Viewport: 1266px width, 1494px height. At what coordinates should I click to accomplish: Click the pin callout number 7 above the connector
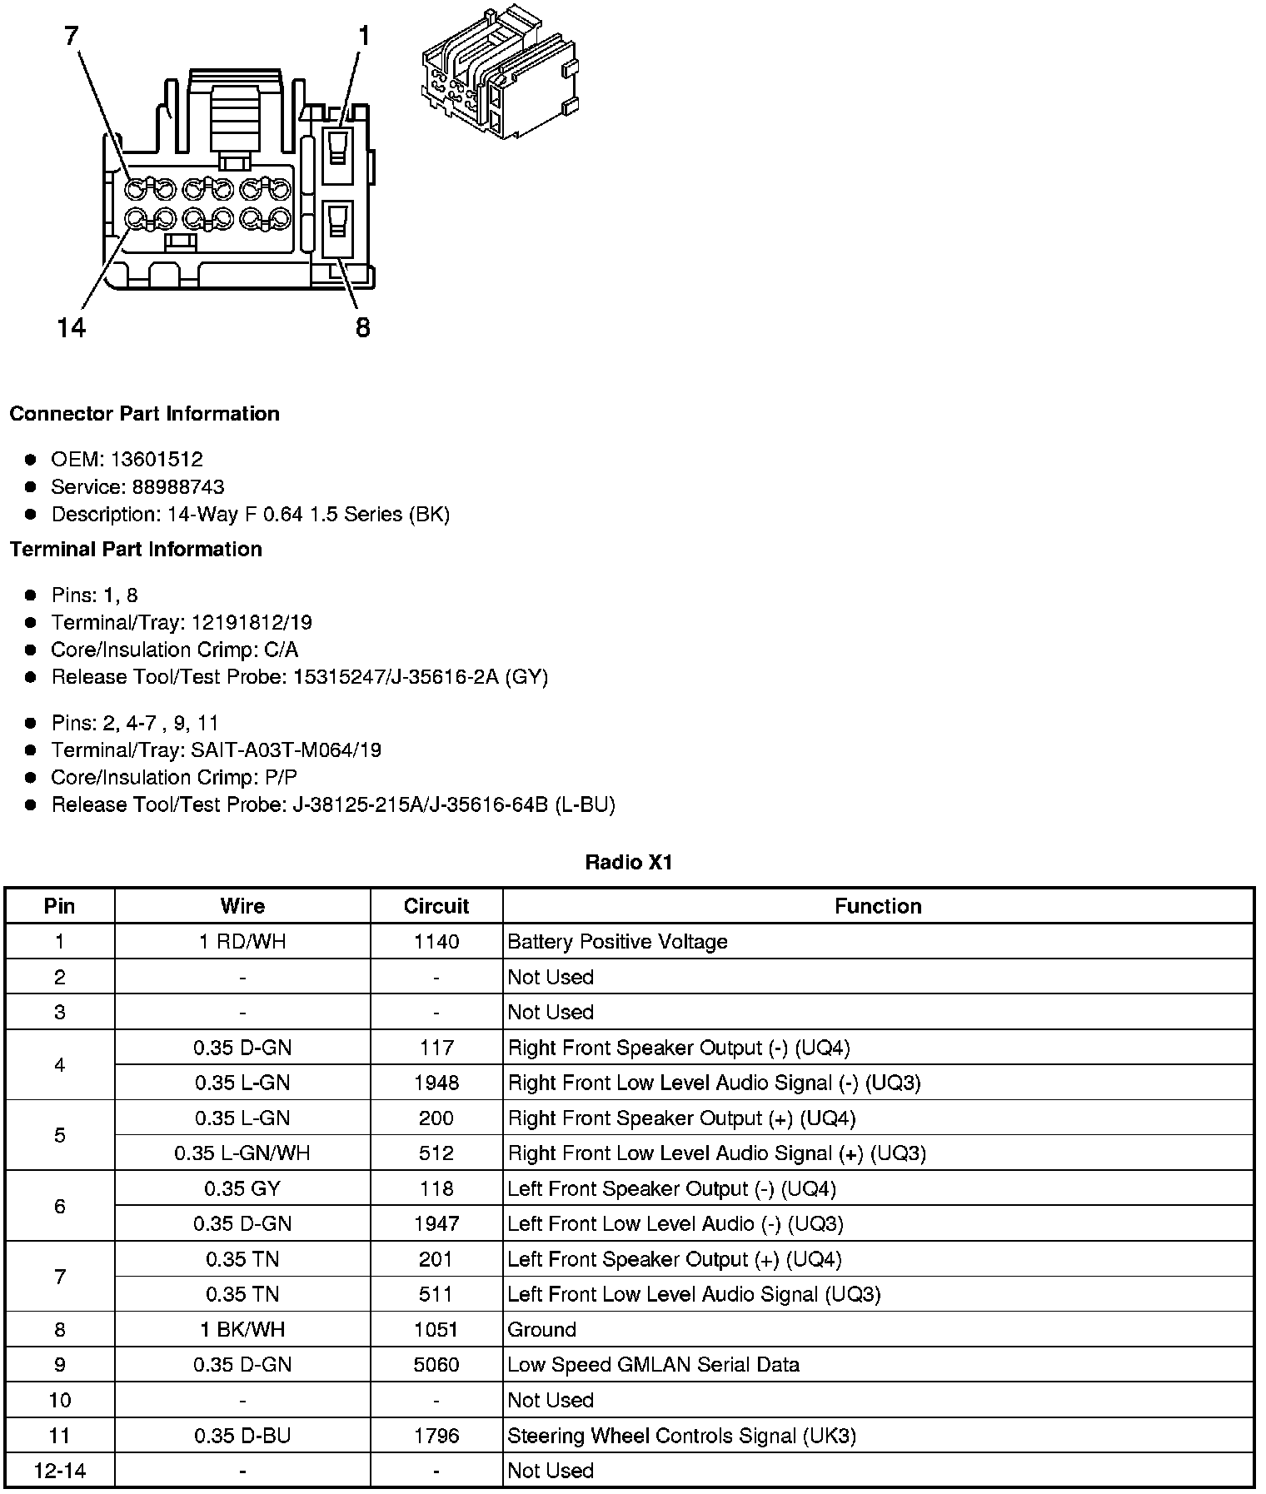tap(72, 36)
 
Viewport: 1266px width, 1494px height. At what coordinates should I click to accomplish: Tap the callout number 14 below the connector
tap(72, 328)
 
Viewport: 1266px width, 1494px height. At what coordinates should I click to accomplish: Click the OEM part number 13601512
tap(157, 459)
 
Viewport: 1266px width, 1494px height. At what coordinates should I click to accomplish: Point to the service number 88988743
tap(177, 486)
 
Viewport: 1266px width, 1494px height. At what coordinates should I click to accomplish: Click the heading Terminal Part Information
tap(136, 549)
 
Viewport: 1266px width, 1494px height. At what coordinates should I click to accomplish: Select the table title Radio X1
tap(628, 862)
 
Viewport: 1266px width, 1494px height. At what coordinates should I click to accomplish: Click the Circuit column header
tap(436, 906)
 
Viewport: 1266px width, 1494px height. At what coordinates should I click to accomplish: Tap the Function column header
tap(878, 906)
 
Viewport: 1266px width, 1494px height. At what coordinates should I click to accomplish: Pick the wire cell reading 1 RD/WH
tap(242, 941)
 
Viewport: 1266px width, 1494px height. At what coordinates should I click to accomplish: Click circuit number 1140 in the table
tap(436, 941)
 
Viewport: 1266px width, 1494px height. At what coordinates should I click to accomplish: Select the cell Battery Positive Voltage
tap(617, 941)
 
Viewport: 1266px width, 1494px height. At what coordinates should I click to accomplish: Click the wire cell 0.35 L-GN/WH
tap(242, 1153)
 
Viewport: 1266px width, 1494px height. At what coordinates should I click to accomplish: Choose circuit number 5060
tap(436, 1364)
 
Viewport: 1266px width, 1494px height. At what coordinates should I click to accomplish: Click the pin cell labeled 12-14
tap(59, 1470)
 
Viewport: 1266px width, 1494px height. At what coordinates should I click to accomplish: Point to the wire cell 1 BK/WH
tap(242, 1329)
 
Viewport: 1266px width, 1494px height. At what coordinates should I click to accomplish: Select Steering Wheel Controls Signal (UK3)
tap(681, 1435)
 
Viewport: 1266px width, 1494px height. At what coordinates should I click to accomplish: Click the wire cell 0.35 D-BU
tap(242, 1435)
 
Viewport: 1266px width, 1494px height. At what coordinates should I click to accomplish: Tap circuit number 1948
tap(436, 1083)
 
